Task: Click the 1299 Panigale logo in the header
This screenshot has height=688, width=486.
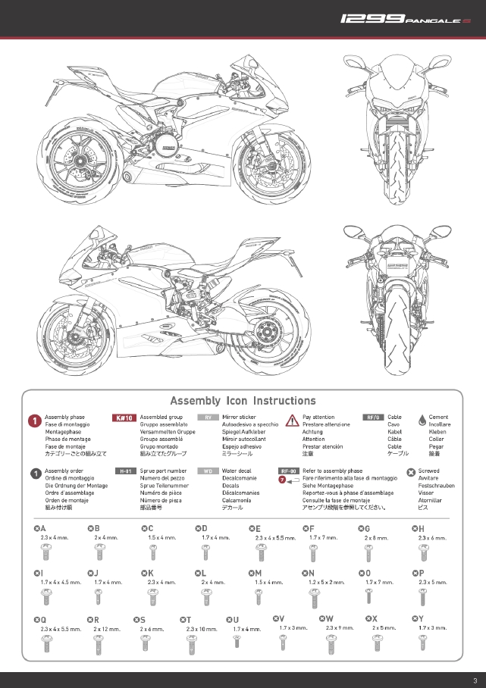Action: pos(405,17)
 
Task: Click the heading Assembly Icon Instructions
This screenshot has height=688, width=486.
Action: pos(243,401)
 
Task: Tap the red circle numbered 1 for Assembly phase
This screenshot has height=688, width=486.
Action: pos(35,421)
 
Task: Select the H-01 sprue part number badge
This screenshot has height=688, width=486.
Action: pos(125,471)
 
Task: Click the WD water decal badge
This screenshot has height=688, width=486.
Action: pos(208,471)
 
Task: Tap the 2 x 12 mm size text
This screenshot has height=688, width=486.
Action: pos(107,629)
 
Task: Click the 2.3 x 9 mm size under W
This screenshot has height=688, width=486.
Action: pos(340,628)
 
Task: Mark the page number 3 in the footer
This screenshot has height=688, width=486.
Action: pos(474,680)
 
